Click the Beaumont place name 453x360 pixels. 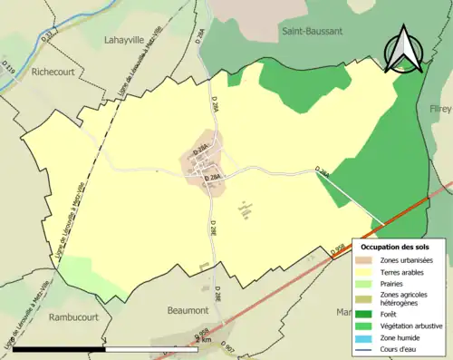188,310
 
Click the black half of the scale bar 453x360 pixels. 60,348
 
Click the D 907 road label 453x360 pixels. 228,350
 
